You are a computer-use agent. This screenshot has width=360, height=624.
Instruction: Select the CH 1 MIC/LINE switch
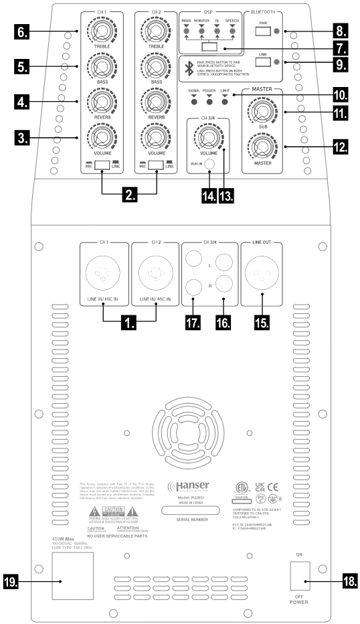coord(102,165)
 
